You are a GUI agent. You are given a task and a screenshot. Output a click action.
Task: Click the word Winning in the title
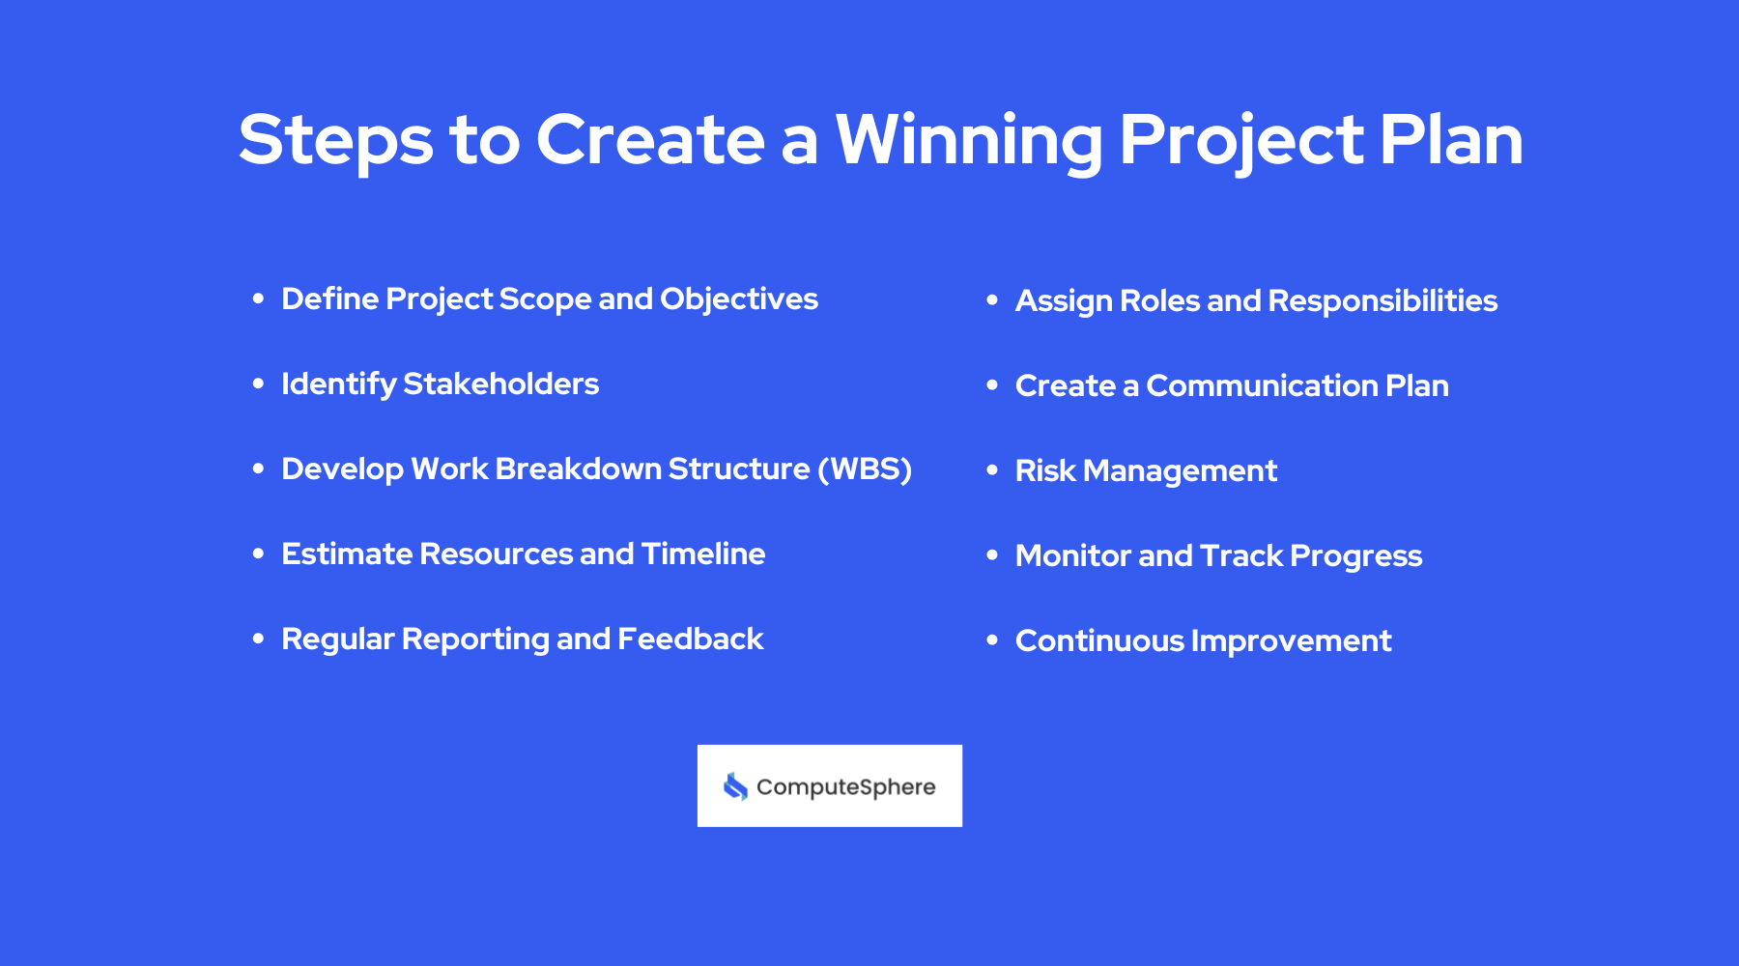click(968, 141)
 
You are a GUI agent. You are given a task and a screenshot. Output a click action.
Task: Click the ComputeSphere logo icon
click(735, 786)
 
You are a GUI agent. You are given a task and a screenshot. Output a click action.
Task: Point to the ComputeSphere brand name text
click(845, 787)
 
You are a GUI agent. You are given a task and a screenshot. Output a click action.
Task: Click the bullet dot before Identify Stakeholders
click(258, 384)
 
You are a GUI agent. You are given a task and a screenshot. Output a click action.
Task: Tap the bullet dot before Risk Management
click(992, 470)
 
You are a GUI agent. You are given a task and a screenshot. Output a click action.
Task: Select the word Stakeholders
click(500, 384)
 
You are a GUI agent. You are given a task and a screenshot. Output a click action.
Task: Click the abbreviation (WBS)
click(865, 469)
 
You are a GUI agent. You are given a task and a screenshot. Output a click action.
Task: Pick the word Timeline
click(702, 554)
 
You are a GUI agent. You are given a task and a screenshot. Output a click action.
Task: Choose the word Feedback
click(690, 639)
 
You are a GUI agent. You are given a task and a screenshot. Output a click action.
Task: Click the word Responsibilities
click(1383, 301)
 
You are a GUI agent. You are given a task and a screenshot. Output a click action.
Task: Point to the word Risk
click(1044, 471)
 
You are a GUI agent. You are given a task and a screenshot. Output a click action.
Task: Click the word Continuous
click(1099, 641)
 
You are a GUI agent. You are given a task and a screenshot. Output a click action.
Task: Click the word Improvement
click(1291, 641)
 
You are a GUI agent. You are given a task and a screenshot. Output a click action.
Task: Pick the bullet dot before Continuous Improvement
click(992, 640)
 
